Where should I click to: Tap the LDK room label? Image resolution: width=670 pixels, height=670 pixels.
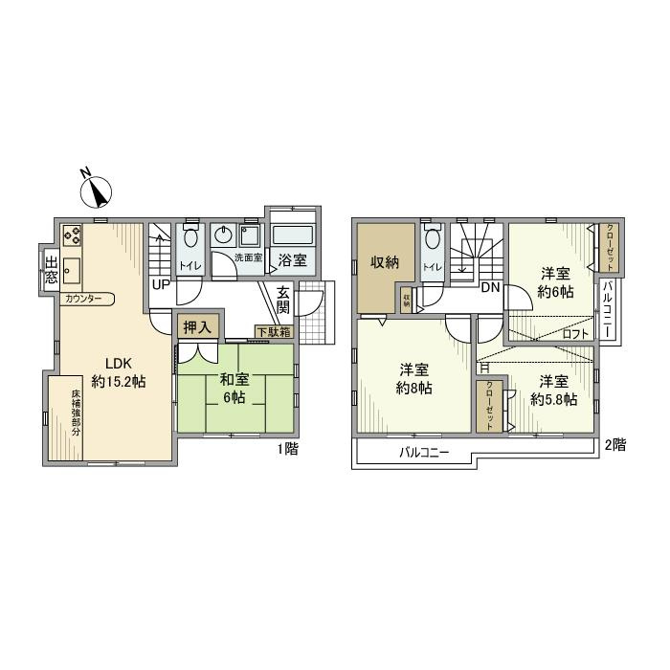118,371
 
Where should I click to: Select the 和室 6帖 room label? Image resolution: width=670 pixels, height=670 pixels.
234,387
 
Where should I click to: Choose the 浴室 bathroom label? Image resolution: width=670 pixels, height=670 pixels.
293,259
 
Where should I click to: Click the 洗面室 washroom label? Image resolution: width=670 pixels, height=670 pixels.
250,258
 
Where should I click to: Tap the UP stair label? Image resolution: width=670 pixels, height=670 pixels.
160,284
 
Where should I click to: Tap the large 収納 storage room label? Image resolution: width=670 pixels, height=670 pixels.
386,262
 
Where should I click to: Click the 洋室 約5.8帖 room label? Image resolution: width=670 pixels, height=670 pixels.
554,391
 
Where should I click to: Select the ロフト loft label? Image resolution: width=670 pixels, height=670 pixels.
574,334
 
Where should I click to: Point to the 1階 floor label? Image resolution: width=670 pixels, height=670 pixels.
286,447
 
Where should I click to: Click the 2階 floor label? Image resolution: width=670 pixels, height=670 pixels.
616,444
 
